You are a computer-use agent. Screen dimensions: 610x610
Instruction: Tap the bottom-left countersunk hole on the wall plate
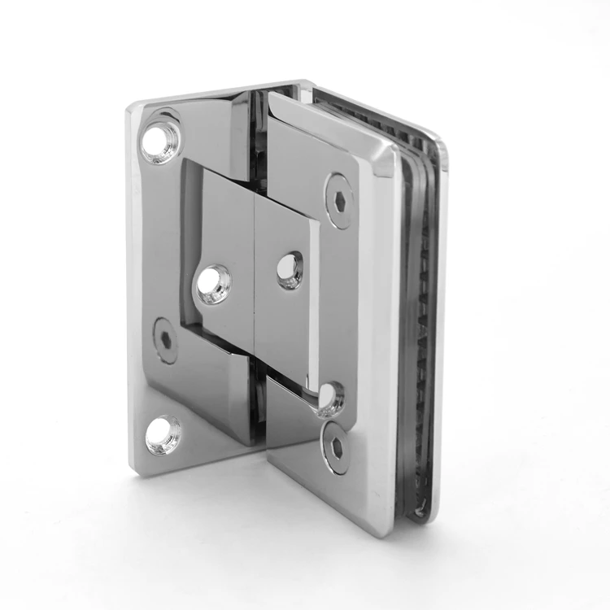coord(163,434)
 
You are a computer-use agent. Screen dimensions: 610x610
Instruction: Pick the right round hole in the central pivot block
coord(290,271)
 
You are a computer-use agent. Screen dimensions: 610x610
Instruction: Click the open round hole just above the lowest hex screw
coord(331,398)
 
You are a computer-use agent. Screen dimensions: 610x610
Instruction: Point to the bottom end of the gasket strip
coord(418,512)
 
